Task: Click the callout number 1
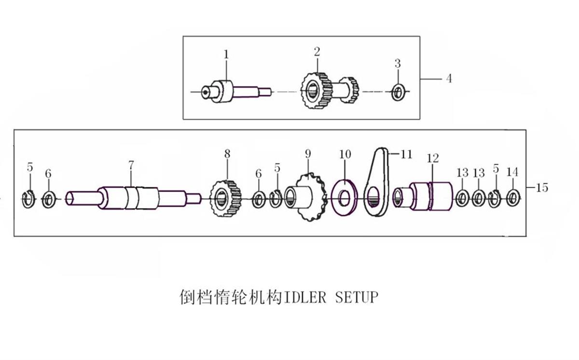pyautogui.click(x=226, y=55)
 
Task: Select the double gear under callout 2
pyautogui.click(x=330, y=91)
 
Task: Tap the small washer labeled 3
pyautogui.click(x=399, y=92)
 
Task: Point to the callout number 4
pyautogui.click(x=449, y=79)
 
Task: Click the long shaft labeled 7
pyautogui.click(x=133, y=198)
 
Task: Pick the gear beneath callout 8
pyautogui.click(x=225, y=199)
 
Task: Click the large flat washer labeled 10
pyautogui.click(x=345, y=198)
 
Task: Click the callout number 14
pyautogui.click(x=512, y=172)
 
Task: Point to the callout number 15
pyautogui.click(x=542, y=188)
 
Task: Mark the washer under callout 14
pyautogui.click(x=513, y=198)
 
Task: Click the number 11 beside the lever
pyautogui.click(x=406, y=154)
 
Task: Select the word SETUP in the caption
pyautogui.click(x=357, y=297)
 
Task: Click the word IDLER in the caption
pyautogui.click(x=305, y=297)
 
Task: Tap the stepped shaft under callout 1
pyautogui.click(x=236, y=91)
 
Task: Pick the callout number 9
pyautogui.click(x=308, y=154)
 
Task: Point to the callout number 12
pyautogui.click(x=433, y=158)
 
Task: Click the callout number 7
pyautogui.click(x=131, y=165)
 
